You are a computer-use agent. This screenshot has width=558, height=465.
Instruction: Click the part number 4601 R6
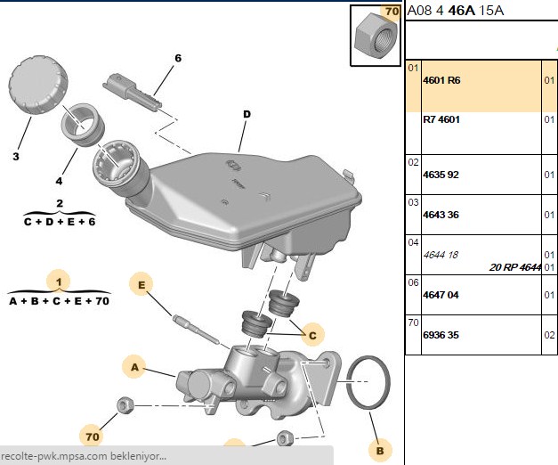[x=441, y=80]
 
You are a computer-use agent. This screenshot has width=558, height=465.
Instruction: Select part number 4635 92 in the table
[x=441, y=175]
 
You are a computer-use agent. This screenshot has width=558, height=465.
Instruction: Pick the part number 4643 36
[x=441, y=215]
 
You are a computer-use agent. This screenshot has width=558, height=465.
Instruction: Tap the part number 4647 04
[x=441, y=295]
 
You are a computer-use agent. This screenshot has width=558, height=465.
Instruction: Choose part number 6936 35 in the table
[x=441, y=335]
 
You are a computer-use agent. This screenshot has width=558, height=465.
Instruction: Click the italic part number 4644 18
[x=441, y=255]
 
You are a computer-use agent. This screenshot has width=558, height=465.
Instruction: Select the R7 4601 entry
[x=441, y=119]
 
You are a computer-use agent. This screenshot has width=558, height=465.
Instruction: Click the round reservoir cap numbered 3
[x=37, y=86]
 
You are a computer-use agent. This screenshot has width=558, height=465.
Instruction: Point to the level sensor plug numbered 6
[x=132, y=92]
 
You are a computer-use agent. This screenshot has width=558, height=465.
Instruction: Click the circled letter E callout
[x=142, y=284]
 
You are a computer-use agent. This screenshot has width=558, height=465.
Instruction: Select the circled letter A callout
[x=134, y=367]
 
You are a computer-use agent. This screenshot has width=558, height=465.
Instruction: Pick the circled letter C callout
[x=312, y=335]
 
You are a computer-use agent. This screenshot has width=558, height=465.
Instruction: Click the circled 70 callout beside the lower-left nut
[x=93, y=436]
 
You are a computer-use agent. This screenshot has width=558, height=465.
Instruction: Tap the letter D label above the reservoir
[x=247, y=114]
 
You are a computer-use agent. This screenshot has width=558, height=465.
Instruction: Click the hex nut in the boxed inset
[x=376, y=36]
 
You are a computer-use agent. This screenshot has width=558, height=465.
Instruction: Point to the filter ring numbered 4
[x=83, y=125]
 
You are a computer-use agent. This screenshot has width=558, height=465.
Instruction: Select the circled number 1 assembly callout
[x=59, y=282]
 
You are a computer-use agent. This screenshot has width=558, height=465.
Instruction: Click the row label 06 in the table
[x=413, y=282]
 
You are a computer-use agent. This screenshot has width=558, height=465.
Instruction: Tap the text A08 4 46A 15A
[x=455, y=11]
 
